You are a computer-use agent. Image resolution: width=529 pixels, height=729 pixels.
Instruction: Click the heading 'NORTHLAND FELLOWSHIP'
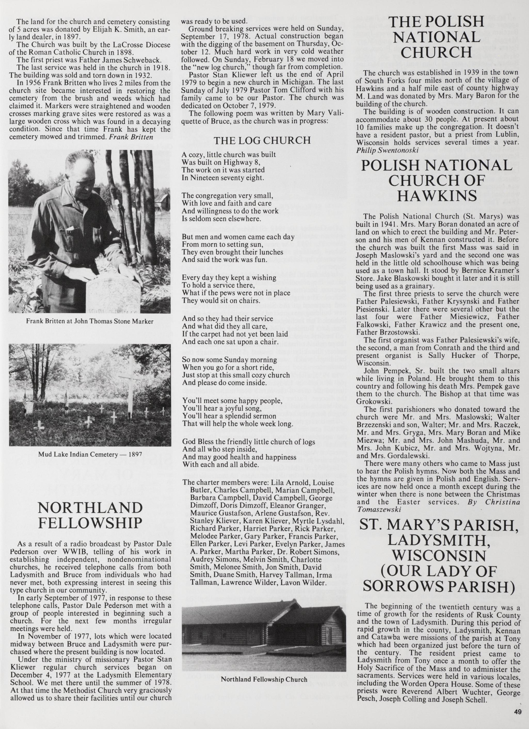90,516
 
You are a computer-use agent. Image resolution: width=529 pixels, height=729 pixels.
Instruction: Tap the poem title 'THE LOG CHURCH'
262,141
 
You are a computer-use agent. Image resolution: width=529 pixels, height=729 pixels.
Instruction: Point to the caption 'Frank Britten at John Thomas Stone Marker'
90,321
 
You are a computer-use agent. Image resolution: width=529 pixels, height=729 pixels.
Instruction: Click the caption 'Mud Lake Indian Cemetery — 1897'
90,455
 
